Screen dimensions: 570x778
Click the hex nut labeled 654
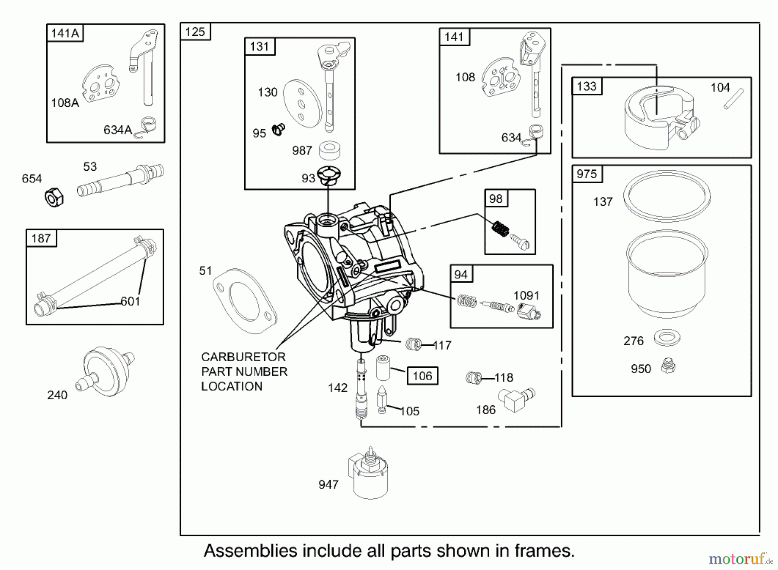coord(54,198)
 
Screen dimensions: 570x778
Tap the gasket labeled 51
coord(244,301)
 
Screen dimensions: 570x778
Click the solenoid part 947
coord(368,474)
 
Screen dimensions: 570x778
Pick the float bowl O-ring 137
coord(666,196)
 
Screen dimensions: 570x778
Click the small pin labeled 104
coord(733,99)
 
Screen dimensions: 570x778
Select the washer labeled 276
coord(667,338)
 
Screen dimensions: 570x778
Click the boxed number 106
coord(422,376)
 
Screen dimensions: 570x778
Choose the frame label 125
coord(195,32)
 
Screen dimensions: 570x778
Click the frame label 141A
coord(65,33)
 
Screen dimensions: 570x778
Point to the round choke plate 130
coord(303,103)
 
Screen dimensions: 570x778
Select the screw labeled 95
coord(278,129)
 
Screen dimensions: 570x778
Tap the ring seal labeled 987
coord(329,150)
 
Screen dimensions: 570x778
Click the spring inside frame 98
coord(501,228)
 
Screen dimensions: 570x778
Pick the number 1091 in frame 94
coord(526,296)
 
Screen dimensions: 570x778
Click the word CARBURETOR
coord(243,357)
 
